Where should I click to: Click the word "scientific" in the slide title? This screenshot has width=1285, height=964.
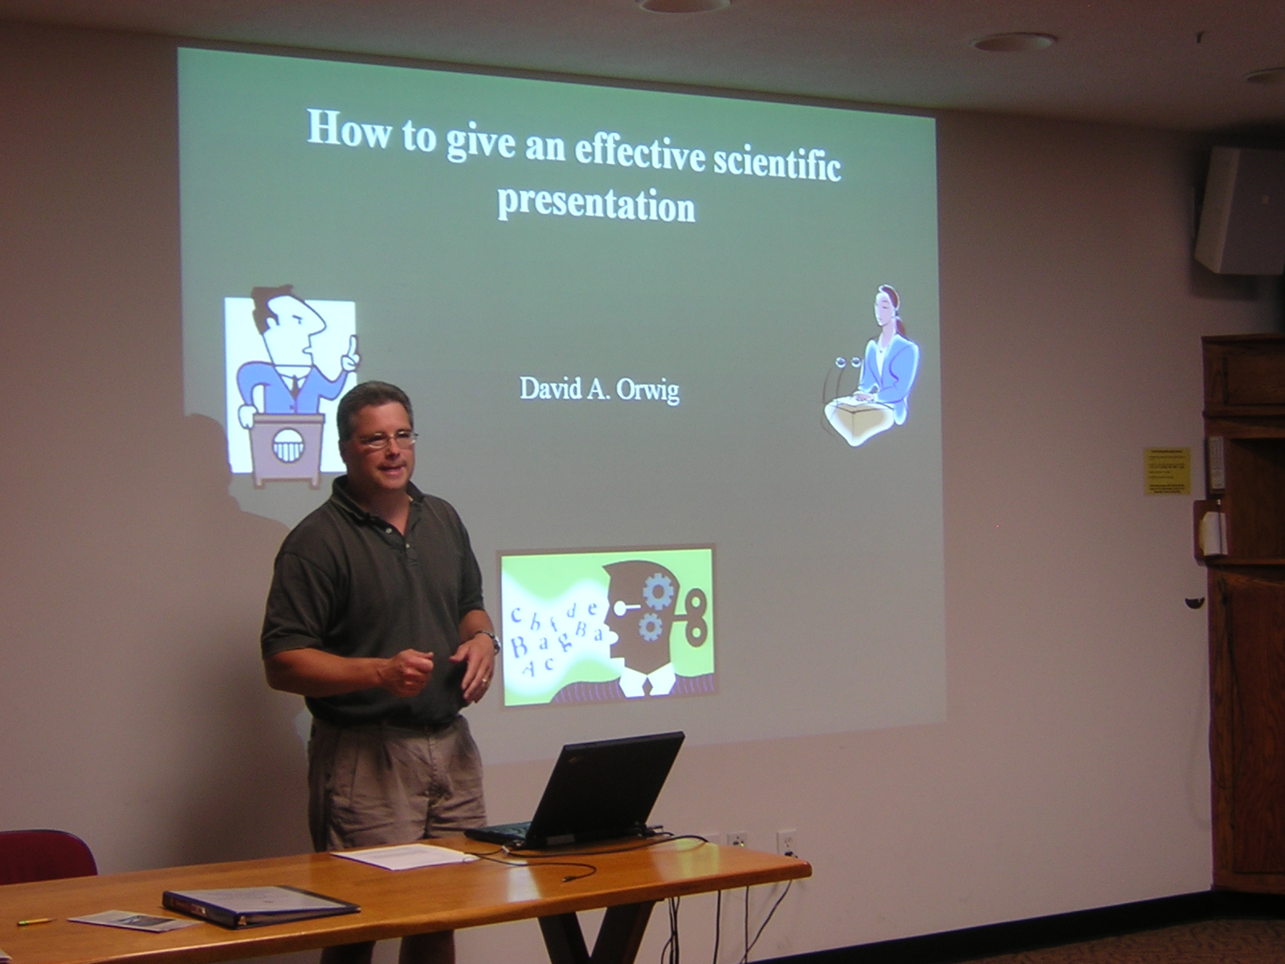[x=777, y=162]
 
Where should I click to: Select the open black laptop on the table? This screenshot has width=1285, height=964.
[x=594, y=791]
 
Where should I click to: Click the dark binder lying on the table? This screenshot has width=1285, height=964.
[x=259, y=905]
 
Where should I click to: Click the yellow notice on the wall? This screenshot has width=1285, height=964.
[x=1166, y=471]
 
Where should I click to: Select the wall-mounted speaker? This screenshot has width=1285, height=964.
[x=1241, y=210]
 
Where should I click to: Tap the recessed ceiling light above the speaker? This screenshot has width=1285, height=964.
[x=1013, y=42]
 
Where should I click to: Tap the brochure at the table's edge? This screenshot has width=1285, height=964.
[x=128, y=921]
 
